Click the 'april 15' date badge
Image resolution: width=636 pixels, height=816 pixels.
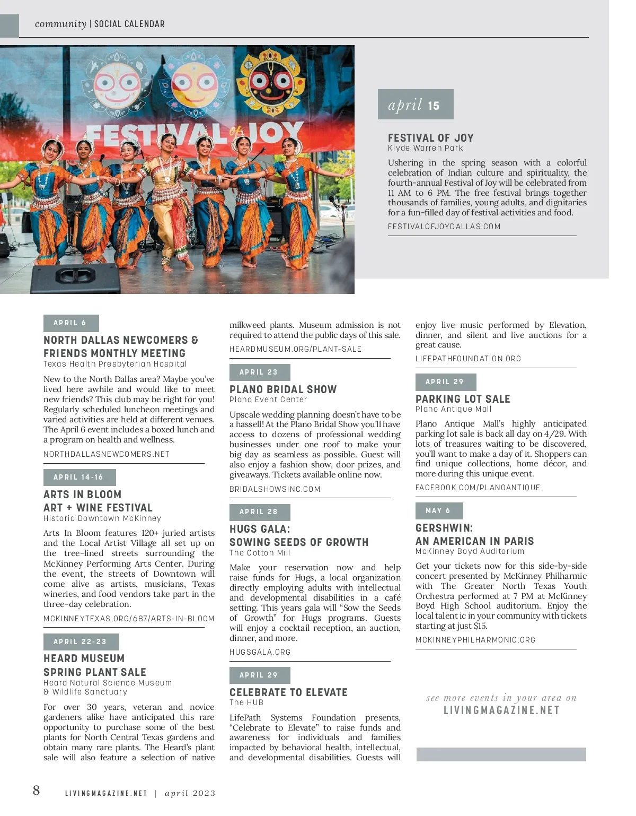(415, 105)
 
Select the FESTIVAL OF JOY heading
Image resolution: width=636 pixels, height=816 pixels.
(430, 137)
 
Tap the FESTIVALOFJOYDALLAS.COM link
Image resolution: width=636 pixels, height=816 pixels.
(444, 227)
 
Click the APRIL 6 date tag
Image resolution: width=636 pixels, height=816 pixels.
(70, 323)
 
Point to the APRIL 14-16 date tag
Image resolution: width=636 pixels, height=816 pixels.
(79, 478)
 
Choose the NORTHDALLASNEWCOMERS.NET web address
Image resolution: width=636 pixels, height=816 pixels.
(107, 454)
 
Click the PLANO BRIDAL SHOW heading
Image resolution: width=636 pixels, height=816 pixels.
(283, 389)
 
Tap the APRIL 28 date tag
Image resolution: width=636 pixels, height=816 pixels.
(259, 512)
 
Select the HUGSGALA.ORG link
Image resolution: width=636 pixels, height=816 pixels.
(260, 652)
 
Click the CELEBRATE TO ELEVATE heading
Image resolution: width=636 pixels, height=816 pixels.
(288, 692)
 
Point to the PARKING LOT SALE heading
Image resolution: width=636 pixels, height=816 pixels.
(463, 399)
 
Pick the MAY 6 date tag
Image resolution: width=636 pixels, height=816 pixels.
(438, 511)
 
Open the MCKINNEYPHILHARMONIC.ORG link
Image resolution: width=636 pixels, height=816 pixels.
(475, 640)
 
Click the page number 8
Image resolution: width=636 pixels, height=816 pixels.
(36, 791)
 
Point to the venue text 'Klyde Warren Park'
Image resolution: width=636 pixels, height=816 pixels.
(425, 148)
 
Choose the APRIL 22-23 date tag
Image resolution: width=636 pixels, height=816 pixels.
(81, 642)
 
